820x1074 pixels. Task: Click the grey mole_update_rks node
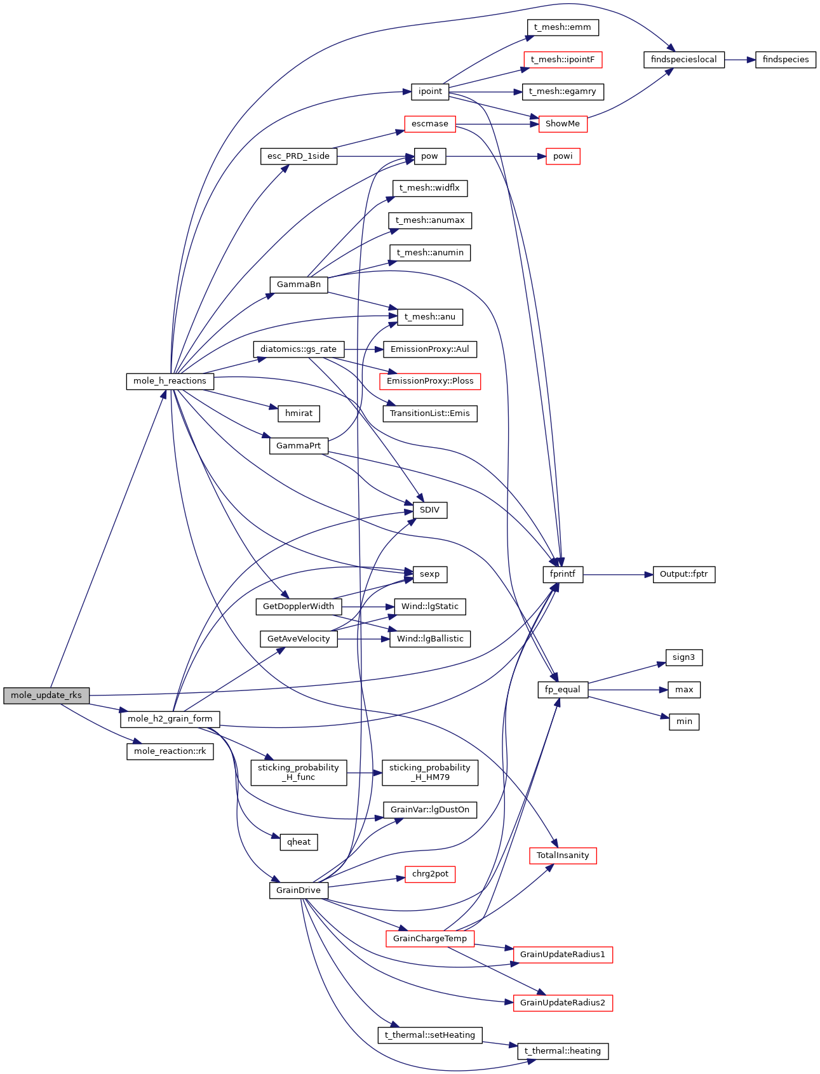[46, 695]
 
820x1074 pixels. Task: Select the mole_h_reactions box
[170, 381]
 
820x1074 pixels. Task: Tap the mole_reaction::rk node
[170, 751]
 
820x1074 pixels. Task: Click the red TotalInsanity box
[563, 856]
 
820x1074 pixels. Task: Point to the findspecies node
[785, 60]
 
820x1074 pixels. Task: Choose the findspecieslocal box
[683, 60]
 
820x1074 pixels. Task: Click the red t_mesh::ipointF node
[562, 60]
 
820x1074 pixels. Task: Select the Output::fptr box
[683, 574]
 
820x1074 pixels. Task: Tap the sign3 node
[683, 657]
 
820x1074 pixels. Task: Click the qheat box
[299, 842]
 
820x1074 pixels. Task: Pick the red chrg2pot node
[430, 874]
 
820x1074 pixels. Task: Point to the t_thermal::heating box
[563, 1051]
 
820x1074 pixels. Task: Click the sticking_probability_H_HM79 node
[429, 772]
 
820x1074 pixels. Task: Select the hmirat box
[299, 413]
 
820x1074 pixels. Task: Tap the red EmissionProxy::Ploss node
[430, 381]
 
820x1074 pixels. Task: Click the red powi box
[563, 156]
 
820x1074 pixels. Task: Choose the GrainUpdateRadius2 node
[562, 1003]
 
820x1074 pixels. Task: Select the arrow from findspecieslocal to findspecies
[739, 60]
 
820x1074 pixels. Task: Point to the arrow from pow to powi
[495, 156]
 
